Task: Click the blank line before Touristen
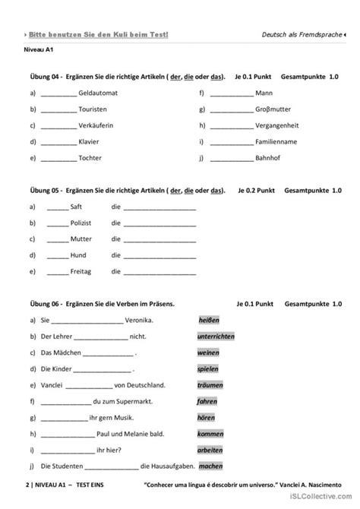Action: [x=58, y=109]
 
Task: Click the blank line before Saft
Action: [x=58, y=206]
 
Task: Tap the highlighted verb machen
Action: [x=211, y=466]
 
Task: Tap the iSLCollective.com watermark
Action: [x=325, y=501]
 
